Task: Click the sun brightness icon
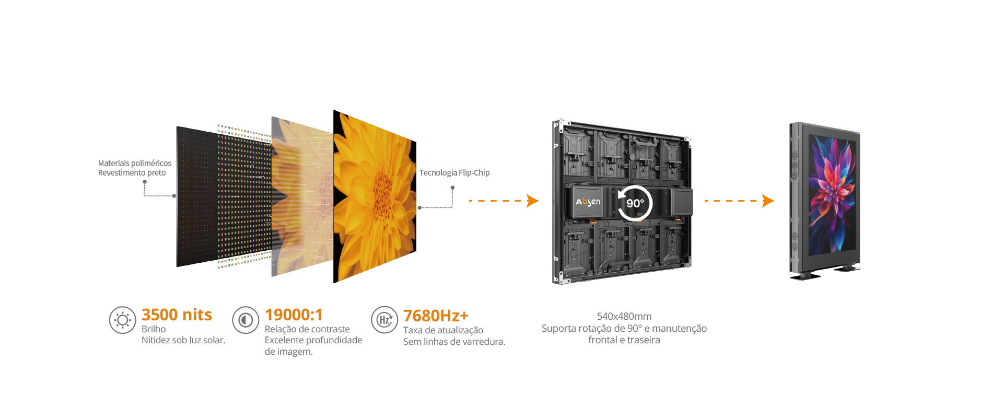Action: click(x=122, y=320)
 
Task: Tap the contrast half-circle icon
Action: click(x=246, y=320)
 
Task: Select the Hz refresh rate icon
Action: click(x=384, y=320)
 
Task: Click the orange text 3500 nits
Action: click(x=177, y=315)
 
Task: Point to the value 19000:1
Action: click(x=294, y=315)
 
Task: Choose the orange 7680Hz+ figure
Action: click(x=436, y=316)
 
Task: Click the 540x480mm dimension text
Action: click(x=624, y=316)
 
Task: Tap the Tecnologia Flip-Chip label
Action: click(x=454, y=172)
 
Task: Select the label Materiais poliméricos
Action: click(x=135, y=163)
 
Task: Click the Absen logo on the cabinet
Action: click(x=588, y=202)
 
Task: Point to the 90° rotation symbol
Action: click(x=635, y=203)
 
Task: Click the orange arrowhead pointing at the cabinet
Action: click(x=532, y=201)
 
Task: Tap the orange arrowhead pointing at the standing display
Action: click(x=768, y=201)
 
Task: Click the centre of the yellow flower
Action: click(x=383, y=196)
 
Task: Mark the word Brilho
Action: click(x=154, y=329)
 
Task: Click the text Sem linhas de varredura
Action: click(x=454, y=342)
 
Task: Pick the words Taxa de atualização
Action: click(x=443, y=330)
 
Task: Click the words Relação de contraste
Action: click(x=307, y=329)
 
